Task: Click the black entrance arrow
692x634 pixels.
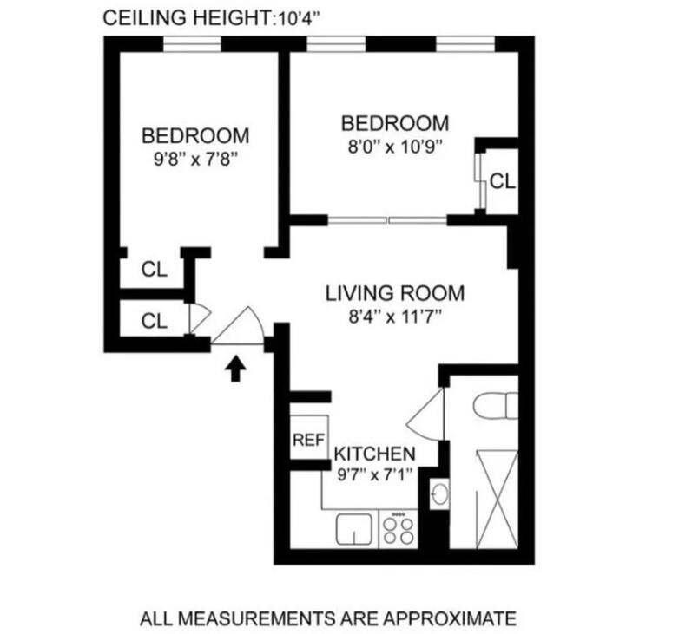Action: (x=234, y=370)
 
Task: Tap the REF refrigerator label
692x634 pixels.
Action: (x=307, y=440)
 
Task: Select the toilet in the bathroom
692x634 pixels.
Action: (x=497, y=407)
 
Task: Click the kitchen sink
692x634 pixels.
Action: (x=353, y=528)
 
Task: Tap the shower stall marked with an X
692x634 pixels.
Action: (x=498, y=495)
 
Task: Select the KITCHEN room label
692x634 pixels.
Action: (x=374, y=454)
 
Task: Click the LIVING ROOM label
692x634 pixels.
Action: (x=382, y=293)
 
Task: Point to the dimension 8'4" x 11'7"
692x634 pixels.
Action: (x=382, y=316)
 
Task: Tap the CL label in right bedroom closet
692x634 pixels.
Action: (x=502, y=181)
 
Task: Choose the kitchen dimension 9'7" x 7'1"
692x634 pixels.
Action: (x=374, y=475)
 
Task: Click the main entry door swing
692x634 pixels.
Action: (x=240, y=328)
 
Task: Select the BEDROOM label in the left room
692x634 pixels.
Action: (x=194, y=136)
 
